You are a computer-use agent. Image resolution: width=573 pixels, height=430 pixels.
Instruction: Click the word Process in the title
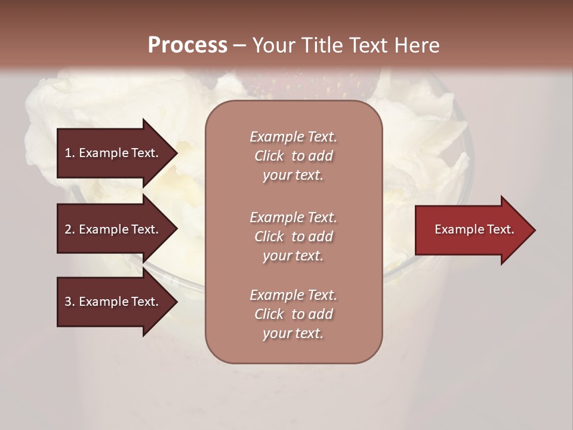187,45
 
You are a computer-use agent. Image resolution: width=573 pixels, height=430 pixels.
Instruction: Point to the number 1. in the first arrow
70,153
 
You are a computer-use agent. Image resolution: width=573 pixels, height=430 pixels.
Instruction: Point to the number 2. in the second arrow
70,229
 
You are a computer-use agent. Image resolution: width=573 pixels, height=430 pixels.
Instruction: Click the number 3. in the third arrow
70,302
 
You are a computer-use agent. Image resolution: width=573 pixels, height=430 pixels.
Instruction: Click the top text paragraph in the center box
293,156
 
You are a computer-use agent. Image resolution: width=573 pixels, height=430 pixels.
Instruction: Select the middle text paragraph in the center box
293,236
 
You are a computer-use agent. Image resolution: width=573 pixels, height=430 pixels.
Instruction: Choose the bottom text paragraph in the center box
293,314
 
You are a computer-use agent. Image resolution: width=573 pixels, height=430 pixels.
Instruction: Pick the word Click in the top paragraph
269,156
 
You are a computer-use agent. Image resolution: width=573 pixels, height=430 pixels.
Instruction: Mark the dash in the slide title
240,45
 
